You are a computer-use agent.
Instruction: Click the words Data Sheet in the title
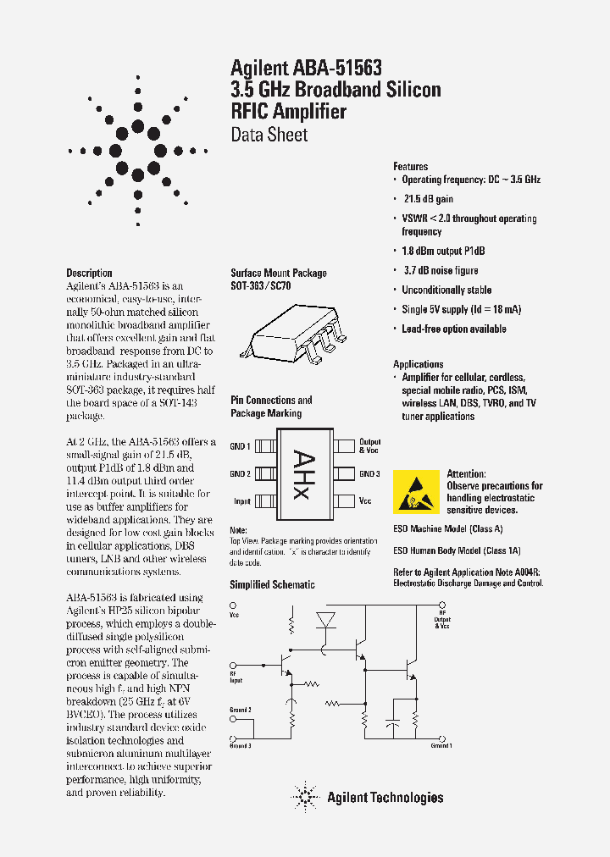[269, 135]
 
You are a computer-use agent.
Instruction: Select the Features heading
[410, 167]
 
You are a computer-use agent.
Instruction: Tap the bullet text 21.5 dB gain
[428, 199]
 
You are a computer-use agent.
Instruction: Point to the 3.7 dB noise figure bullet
[440, 271]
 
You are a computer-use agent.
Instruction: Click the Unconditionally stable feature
[446, 290]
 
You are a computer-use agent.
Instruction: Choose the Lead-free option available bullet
[453, 329]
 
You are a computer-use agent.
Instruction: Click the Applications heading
[418, 364]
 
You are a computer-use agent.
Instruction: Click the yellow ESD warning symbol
[416, 491]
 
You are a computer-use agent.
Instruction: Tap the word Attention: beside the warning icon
[466, 474]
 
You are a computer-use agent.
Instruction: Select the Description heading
[89, 273]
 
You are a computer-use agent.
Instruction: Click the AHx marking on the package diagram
[303, 473]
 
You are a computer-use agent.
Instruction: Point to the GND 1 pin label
[240, 446]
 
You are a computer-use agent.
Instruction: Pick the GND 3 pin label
[369, 474]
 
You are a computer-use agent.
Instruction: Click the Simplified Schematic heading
[272, 585]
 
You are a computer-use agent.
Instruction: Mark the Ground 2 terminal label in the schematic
[241, 710]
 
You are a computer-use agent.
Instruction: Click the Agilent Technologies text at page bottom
[385, 797]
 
